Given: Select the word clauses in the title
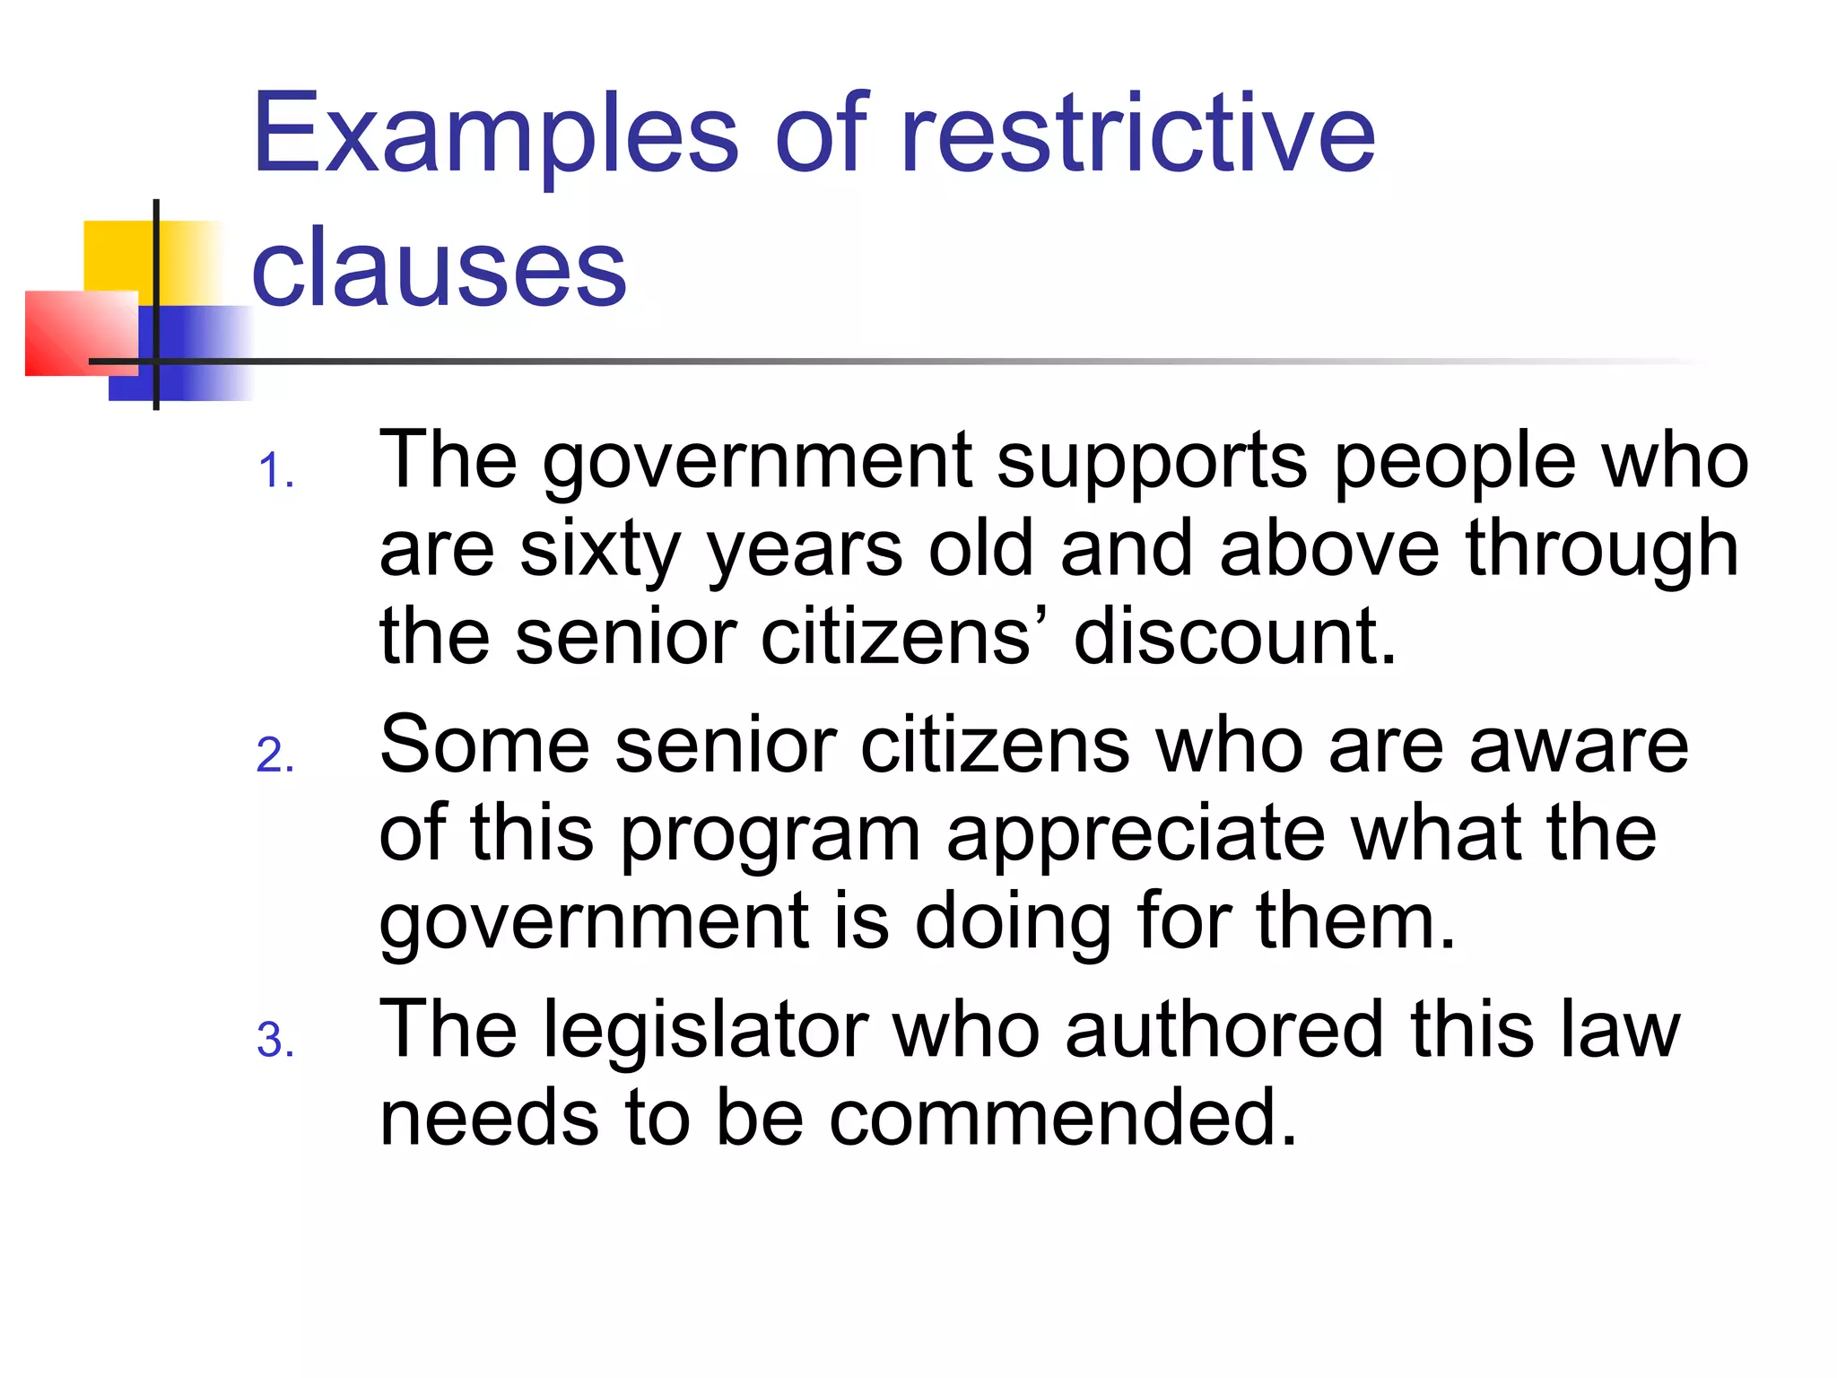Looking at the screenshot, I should (x=439, y=267).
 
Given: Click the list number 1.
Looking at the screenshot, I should (x=274, y=471).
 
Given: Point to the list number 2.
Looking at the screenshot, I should (x=274, y=755).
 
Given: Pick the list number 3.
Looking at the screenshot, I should (x=274, y=1041).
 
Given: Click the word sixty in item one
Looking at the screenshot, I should (x=600, y=549).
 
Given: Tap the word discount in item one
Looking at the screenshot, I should (x=1234, y=637).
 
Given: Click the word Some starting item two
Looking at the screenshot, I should (x=484, y=745).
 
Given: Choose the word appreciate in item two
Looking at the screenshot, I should (x=1136, y=834).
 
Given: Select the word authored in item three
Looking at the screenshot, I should (x=1224, y=1030).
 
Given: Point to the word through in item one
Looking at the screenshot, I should (x=1602, y=549).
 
